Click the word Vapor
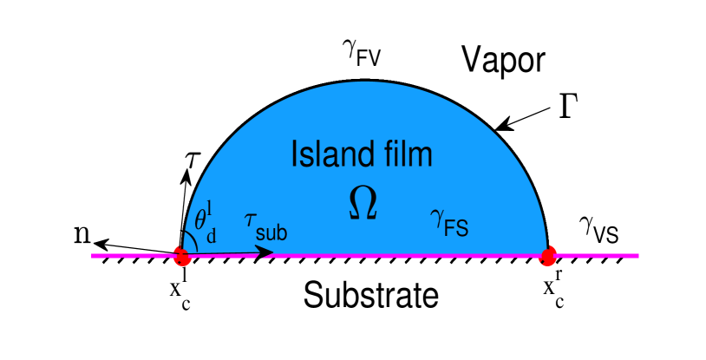point(502,62)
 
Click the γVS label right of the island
point(598,229)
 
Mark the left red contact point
point(182,256)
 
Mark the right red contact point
point(548,256)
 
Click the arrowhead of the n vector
point(98,244)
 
